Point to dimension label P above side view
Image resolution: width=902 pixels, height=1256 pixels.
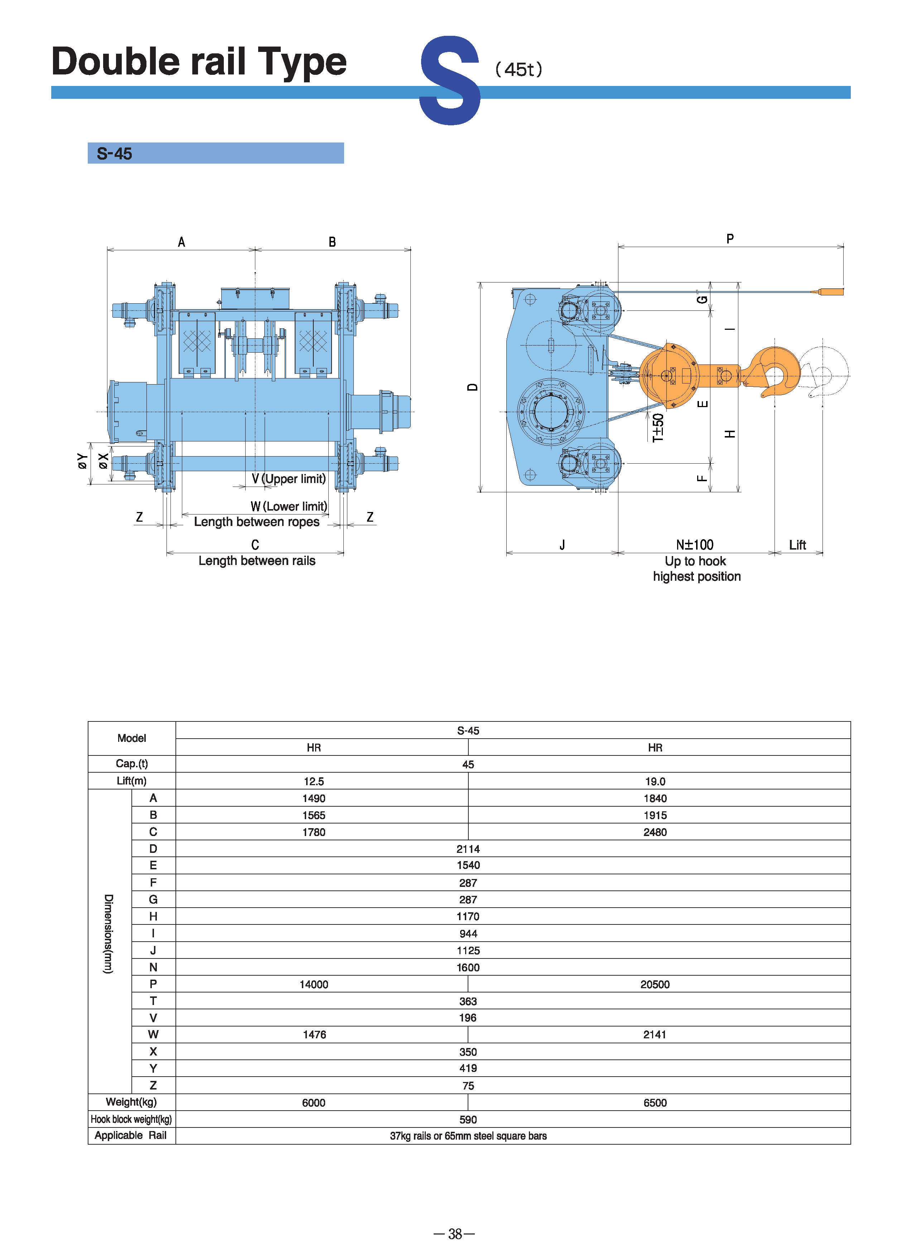tap(730, 239)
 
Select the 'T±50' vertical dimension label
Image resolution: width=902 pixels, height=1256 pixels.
tap(657, 427)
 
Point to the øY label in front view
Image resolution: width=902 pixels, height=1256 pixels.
tap(82, 461)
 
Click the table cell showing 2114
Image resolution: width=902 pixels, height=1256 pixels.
tap(468, 849)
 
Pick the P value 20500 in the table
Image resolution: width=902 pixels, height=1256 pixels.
tap(655, 984)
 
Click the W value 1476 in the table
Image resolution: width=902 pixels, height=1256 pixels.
tap(314, 1034)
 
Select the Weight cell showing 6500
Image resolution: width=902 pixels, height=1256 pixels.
tap(655, 1103)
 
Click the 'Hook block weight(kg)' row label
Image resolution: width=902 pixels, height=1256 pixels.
tap(131, 1119)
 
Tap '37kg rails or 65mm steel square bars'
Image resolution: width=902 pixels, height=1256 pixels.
tap(468, 1136)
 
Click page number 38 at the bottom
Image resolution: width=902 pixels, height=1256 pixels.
tap(455, 1234)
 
